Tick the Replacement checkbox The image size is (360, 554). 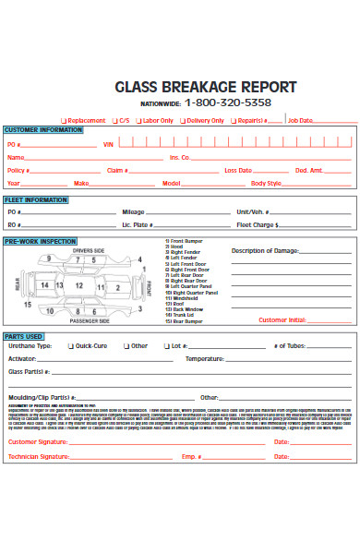pos(64,120)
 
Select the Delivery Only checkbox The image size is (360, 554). pos(183,120)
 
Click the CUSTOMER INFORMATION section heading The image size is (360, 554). pos(43,130)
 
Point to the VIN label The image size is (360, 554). pos(108,145)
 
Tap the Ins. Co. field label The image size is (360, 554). pos(179,158)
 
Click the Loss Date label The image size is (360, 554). pos(238,171)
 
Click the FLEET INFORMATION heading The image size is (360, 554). pos(37,199)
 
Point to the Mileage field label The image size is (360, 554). pos(134,212)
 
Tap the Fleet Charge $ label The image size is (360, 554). pos(258,224)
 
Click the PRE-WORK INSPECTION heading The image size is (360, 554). pos(41,240)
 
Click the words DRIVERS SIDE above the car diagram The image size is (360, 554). pos(90,251)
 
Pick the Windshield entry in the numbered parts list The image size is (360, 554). pos(181,298)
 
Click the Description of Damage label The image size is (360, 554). pos(265,250)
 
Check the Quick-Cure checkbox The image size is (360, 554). pos(68,346)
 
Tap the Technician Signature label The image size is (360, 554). pos(38,430)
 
